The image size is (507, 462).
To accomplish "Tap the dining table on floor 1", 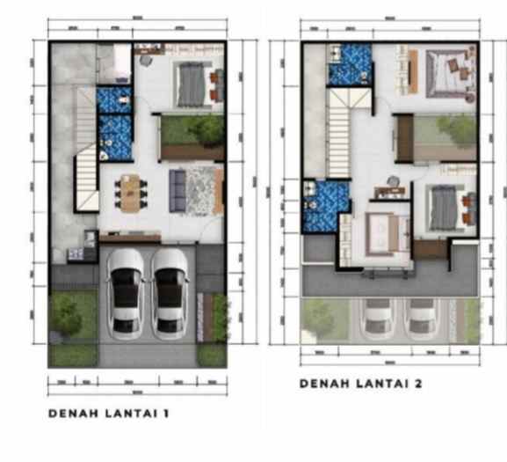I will pyautogui.click(x=131, y=193).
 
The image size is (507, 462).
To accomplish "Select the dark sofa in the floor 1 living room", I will pyautogui.click(x=177, y=192).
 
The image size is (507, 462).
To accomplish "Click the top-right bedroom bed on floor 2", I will pyautogui.click(x=447, y=71).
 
